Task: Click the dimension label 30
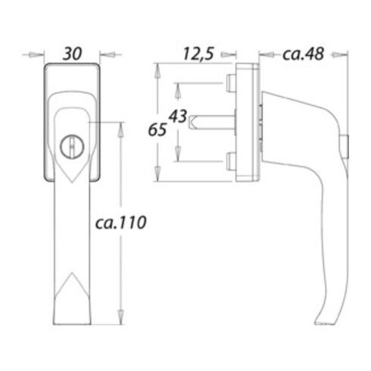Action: [72, 54]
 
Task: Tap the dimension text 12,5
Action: [198, 54]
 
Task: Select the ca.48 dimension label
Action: [303, 54]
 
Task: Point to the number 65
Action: [157, 129]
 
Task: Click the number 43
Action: [178, 116]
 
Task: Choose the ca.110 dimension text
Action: [120, 223]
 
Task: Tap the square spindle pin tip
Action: [192, 122]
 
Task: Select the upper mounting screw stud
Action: [231, 83]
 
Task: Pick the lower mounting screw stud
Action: [231, 161]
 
